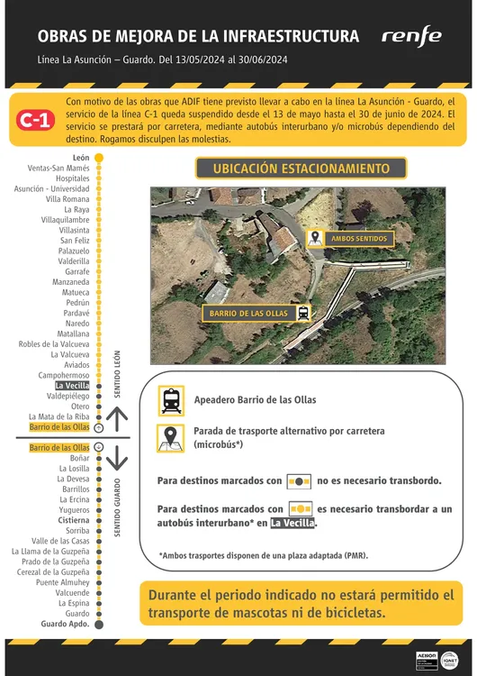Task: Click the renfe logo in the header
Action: pyautogui.click(x=411, y=36)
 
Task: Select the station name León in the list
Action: pyautogui.click(x=81, y=158)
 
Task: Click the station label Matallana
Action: pyautogui.click(x=73, y=333)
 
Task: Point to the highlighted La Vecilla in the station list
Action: pyautogui.click(x=72, y=385)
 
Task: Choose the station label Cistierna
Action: pyautogui.click(x=74, y=521)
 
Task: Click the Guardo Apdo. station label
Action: pyautogui.click(x=66, y=624)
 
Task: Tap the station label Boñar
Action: pyautogui.click(x=79, y=459)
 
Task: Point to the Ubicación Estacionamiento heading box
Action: pyautogui.click(x=301, y=169)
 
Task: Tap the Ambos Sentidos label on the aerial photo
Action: pyautogui.click(x=359, y=238)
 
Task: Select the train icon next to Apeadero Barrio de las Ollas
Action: pyautogui.click(x=170, y=399)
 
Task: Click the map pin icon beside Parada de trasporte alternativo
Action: pyautogui.click(x=170, y=437)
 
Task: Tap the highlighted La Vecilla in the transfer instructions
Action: pyautogui.click(x=293, y=523)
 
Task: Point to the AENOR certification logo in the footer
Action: pyautogui.click(x=427, y=657)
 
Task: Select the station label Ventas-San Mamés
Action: pyautogui.click(x=58, y=168)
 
